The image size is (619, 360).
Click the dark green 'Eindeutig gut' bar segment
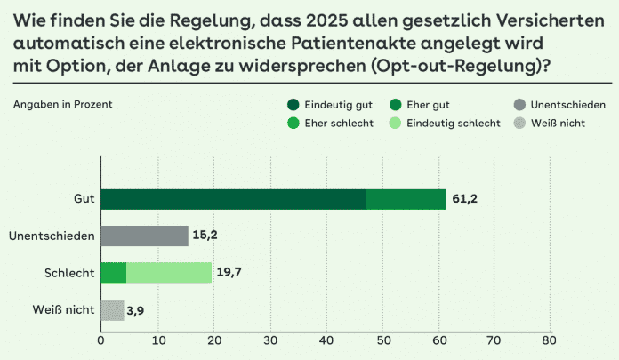coord(233,199)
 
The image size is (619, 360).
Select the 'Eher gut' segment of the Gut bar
coord(406,199)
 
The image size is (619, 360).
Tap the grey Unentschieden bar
coord(144,236)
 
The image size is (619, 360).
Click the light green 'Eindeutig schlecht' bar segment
coord(169,273)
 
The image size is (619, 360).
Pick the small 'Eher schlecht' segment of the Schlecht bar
coord(114,273)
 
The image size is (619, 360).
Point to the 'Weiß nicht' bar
coord(112,310)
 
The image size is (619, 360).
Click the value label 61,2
coord(465,199)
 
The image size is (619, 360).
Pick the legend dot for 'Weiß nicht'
coord(518,123)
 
